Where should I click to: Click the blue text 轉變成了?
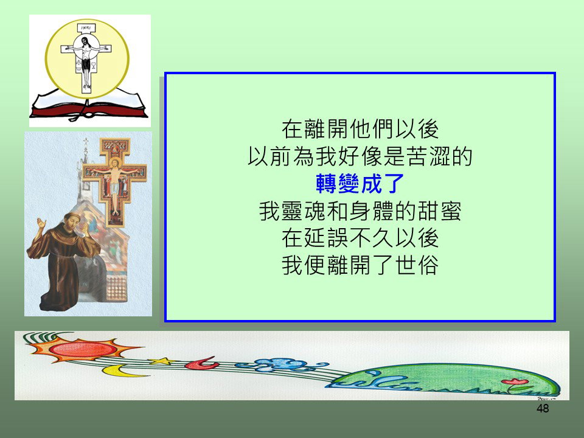360,184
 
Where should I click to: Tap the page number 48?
543,409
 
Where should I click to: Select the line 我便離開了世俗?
360,265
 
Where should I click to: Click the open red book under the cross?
89,106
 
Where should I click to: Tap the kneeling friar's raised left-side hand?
41,224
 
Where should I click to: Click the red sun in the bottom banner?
83,349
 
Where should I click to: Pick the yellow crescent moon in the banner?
119,371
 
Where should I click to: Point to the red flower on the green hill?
515,382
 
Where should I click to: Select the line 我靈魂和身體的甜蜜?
360,211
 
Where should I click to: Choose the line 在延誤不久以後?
360,238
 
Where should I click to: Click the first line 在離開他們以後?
360,129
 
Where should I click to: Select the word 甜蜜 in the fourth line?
439,211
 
